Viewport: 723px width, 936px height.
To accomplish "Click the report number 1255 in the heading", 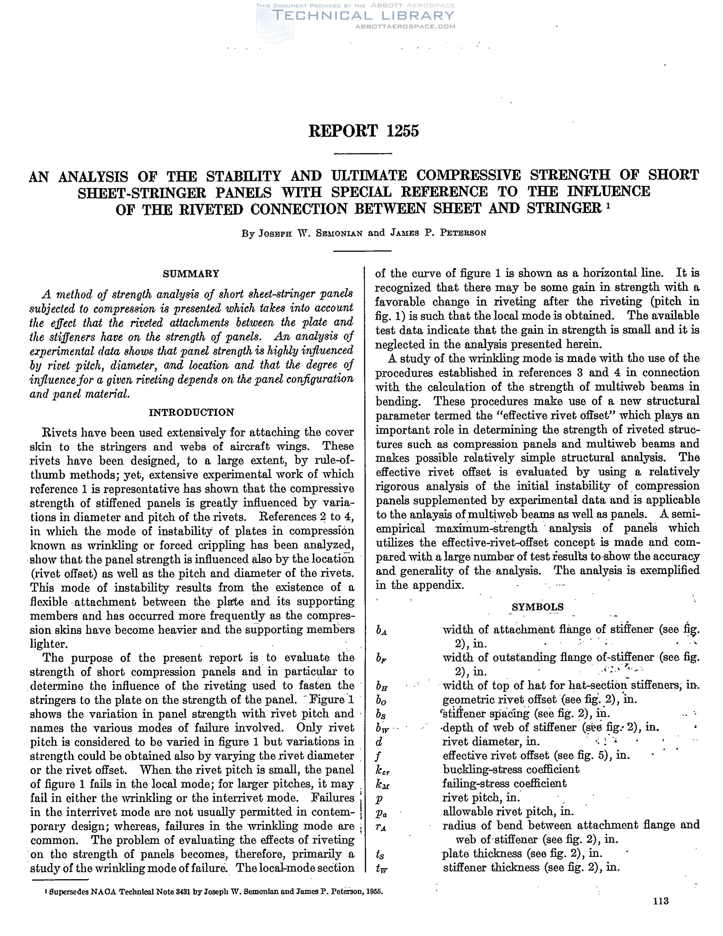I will [403, 131].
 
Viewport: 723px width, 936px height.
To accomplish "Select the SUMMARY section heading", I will [191, 273].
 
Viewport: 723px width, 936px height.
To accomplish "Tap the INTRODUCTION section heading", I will [191, 412].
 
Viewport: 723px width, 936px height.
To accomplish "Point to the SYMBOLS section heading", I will [537, 607].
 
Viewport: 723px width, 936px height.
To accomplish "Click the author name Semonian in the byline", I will [340, 233].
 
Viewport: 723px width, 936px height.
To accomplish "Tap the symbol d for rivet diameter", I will [379, 742].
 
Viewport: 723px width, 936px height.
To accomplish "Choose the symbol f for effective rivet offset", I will [379, 755].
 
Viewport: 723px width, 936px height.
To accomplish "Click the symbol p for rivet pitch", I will [379, 798].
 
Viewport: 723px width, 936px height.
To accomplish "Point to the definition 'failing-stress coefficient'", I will [504, 783].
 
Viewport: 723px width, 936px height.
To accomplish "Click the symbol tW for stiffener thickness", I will [381, 868].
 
